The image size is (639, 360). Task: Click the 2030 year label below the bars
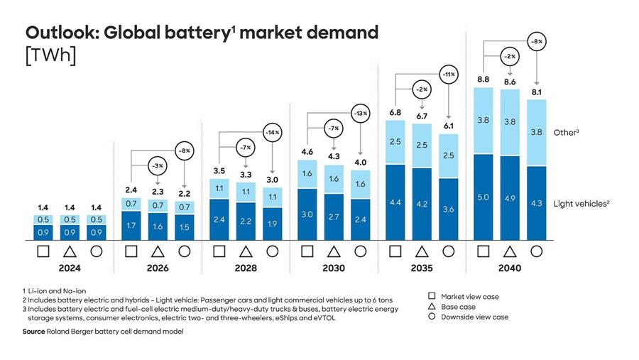tap(334, 269)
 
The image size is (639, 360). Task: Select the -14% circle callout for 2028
tap(272, 133)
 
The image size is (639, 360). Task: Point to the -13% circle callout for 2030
tap(360, 114)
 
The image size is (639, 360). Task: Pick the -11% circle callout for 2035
tap(448, 75)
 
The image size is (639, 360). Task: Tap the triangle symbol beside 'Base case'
tap(431, 306)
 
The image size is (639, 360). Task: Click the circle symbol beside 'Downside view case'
tap(431, 317)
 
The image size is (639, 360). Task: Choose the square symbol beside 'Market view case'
tap(431, 295)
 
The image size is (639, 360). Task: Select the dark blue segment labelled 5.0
tap(483, 197)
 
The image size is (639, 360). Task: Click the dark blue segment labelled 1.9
tap(272, 224)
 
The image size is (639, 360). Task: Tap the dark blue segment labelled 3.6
tap(448, 209)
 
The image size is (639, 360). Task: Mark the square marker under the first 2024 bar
tap(43, 251)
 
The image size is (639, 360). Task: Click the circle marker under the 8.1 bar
tap(536, 251)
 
